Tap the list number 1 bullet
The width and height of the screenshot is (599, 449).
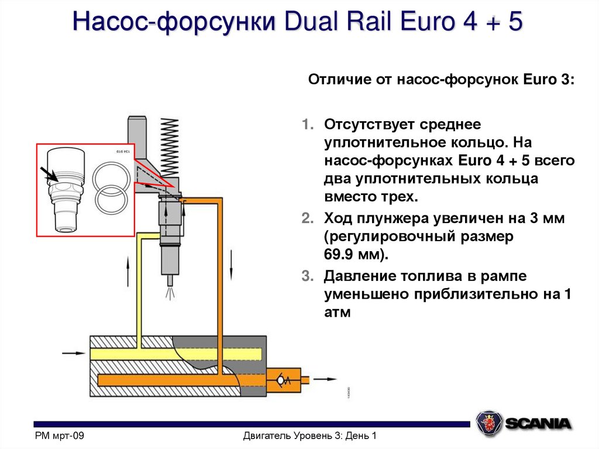point(308,124)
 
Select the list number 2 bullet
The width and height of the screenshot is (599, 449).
point(308,219)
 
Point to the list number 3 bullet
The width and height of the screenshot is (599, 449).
point(308,275)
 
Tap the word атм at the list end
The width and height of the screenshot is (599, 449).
point(336,312)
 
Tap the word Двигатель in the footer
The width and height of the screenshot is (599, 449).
point(266,436)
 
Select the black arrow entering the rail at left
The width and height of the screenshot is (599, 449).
point(73,352)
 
